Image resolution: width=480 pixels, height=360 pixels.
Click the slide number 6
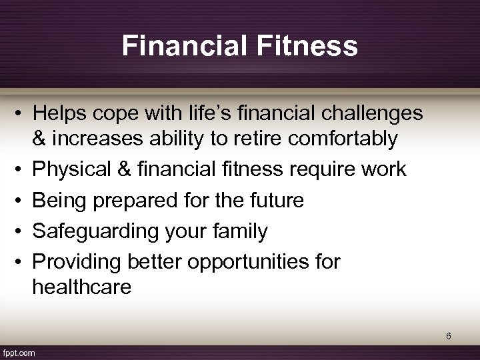tap(449, 337)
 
